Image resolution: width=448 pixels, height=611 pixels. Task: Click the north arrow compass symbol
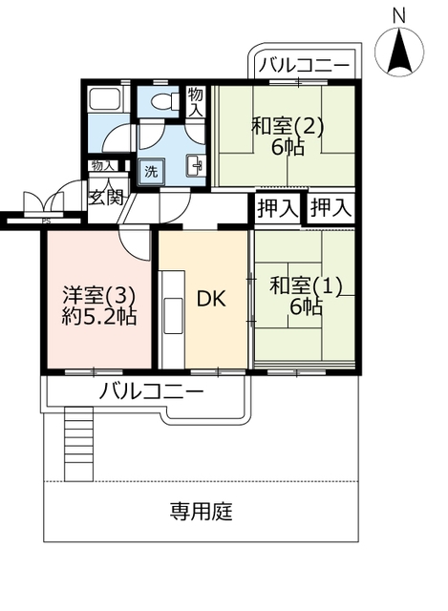click(399, 51)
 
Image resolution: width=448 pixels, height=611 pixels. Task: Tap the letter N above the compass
click(399, 16)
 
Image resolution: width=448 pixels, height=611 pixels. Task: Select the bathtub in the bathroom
click(106, 99)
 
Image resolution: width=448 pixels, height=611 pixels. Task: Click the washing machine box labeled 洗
click(151, 172)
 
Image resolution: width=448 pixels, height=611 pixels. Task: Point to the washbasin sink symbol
click(195, 166)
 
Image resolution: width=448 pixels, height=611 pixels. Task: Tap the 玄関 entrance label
click(106, 198)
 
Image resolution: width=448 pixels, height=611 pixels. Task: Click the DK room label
click(210, 299)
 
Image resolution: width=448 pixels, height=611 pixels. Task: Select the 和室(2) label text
click(288, 127)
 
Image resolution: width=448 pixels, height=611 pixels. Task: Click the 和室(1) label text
click(306, 286)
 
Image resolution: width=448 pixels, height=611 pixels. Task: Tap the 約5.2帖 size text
click(99, 317)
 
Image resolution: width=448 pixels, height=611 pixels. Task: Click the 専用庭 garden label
click(202, 512)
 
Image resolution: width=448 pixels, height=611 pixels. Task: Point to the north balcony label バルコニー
click(305, 65)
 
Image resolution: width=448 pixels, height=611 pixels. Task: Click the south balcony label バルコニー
click(151, 390)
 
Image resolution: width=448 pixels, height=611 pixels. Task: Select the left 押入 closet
click(278, 208)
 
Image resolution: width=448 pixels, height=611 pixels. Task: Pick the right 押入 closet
click(331, 208)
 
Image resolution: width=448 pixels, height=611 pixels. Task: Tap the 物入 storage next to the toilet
click(195, 102)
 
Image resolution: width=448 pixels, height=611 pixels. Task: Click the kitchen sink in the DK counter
click(174, 316)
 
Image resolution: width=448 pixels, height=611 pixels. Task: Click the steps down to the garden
click(78, 443)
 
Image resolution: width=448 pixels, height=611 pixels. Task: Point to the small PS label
click(47, 221)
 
